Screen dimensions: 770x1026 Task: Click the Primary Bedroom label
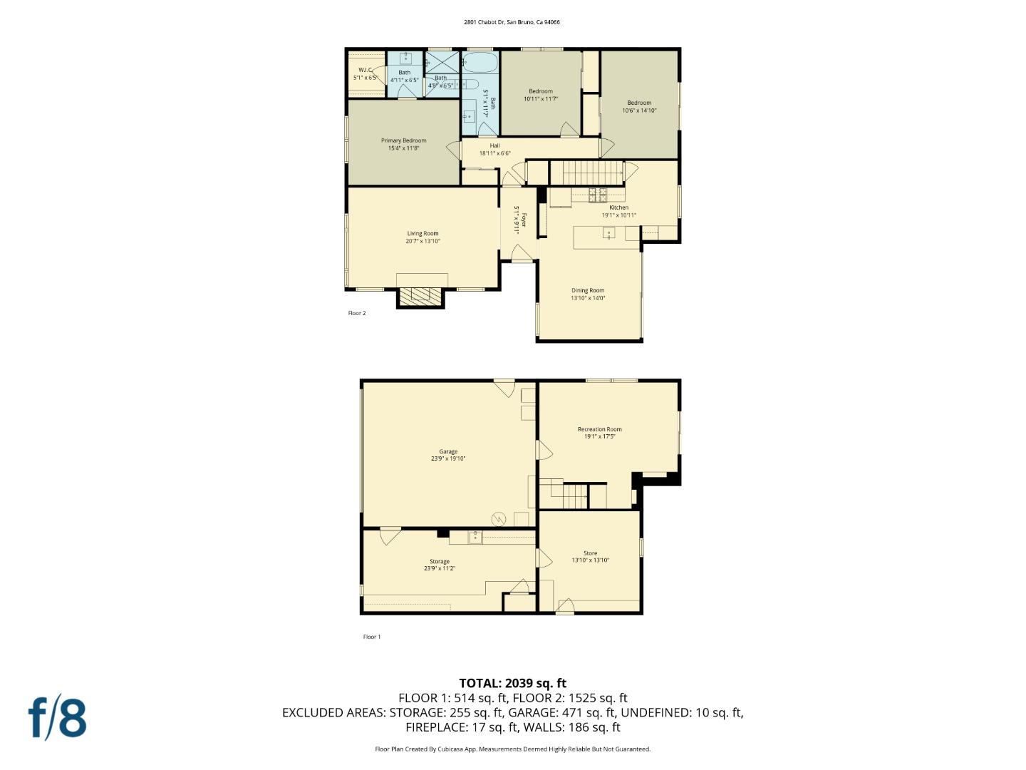403,140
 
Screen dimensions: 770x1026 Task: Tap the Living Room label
423,233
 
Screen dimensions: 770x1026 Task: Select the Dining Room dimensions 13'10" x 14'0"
588,299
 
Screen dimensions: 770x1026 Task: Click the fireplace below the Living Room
420,297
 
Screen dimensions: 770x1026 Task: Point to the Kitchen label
618,207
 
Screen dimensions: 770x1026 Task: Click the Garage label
448,451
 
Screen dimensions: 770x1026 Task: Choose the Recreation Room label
599,429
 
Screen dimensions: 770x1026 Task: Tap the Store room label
590,553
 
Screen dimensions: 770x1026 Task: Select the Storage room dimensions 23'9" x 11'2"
440,569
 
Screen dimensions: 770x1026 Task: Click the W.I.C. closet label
366,70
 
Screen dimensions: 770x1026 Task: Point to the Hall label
494,145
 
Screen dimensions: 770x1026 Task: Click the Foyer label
524,220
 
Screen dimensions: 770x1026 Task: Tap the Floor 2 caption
357,313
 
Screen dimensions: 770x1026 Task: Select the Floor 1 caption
372,637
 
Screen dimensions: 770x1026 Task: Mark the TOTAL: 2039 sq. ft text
512,683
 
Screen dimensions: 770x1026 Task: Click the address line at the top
512,22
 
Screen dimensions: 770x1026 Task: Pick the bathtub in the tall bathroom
480,62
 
